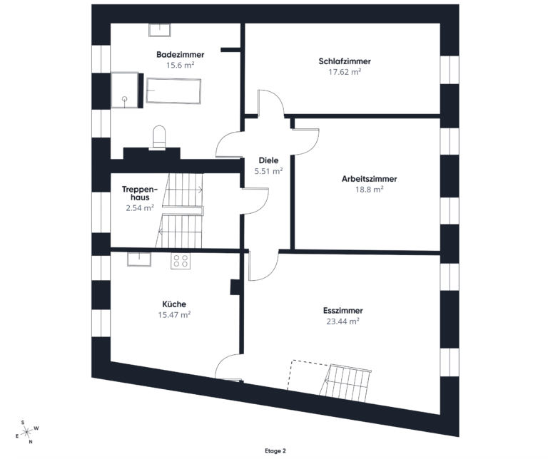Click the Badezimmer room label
tap(181, 54)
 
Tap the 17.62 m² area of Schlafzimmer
tap(345, 71)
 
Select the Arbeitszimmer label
tap(369, 179)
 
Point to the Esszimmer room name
tap(342, 311)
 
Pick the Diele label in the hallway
tap(268, 160)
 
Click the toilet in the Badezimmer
tap(159, 137)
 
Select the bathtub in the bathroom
tap(173, 91)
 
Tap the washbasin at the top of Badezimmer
tap(160, 29)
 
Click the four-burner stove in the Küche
tap(181, 261)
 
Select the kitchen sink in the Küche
tap(139, 259)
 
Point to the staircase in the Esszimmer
tap(345, 383)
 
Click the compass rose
tap(26, 432)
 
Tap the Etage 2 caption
tap(274, 451)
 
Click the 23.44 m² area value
tap(342, 321)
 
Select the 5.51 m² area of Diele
tap(268, 171)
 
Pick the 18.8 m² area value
tap(369, 190)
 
